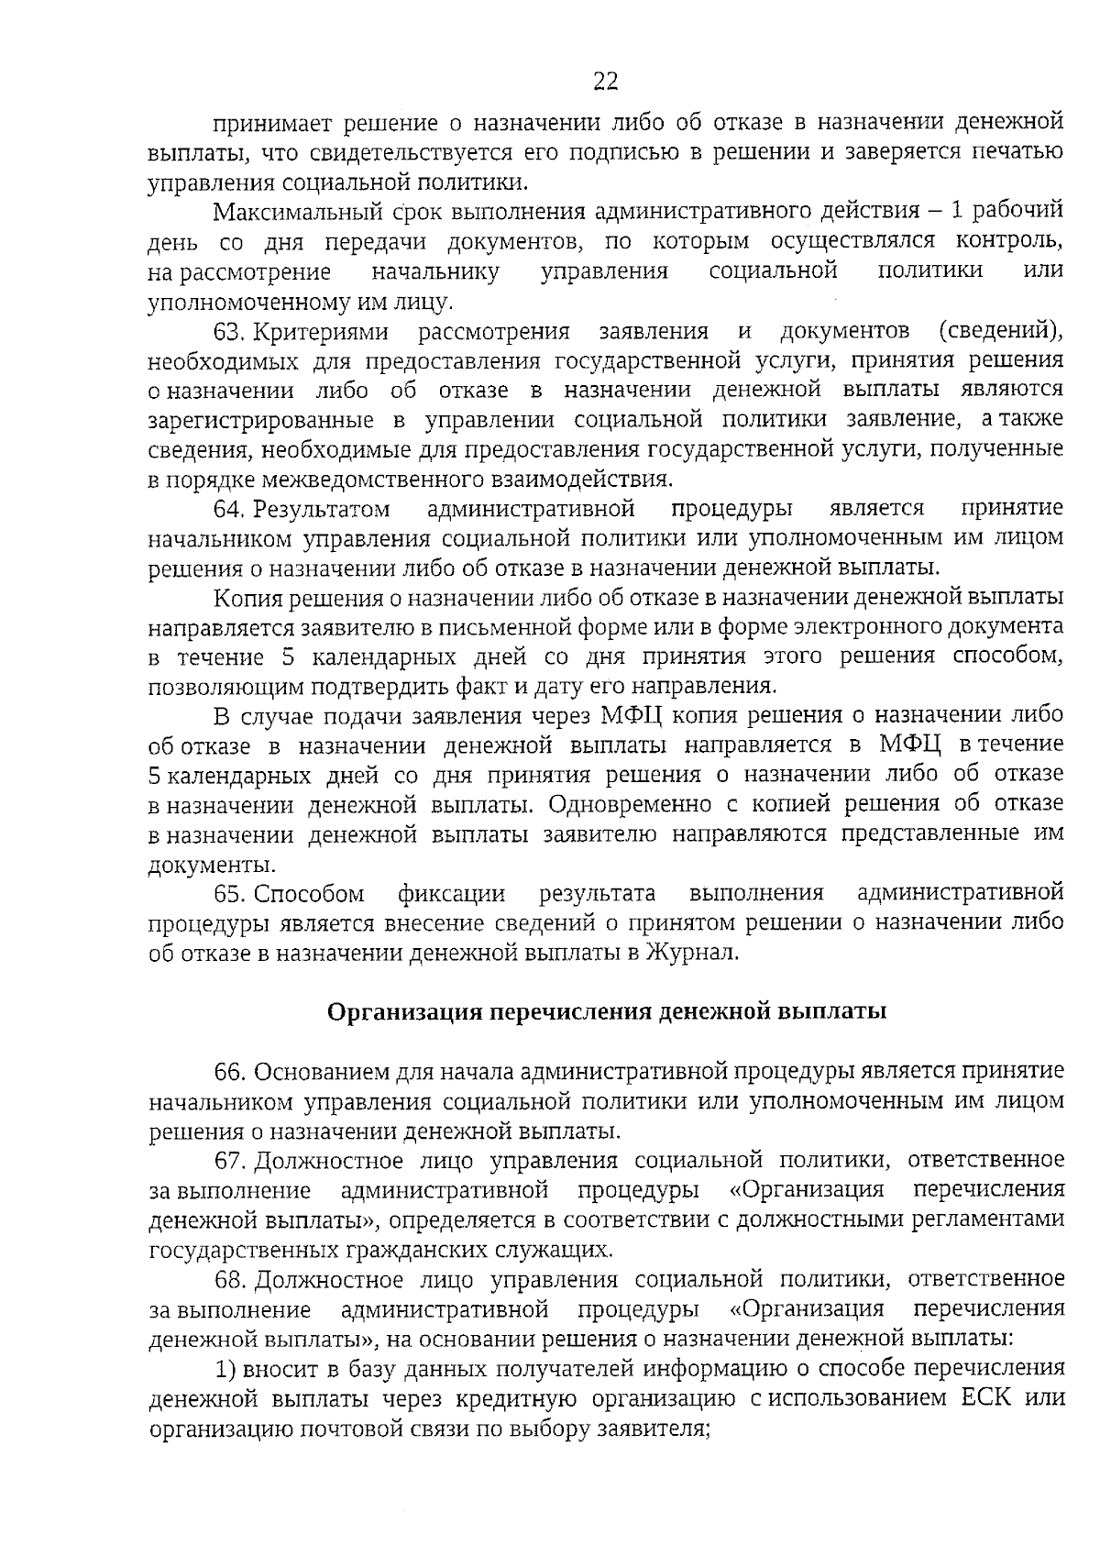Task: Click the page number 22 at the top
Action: click(x=606, y=83)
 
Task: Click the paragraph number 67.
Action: click(x=228, y=1161)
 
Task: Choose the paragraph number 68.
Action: click(x=228, y=1279)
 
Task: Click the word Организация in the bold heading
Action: click(x=404, y=1012)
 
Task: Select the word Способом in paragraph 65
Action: click(x=309, y=893)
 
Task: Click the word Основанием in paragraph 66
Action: click(x=322, y=1072)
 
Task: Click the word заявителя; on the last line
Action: click(x=654, y=1429)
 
